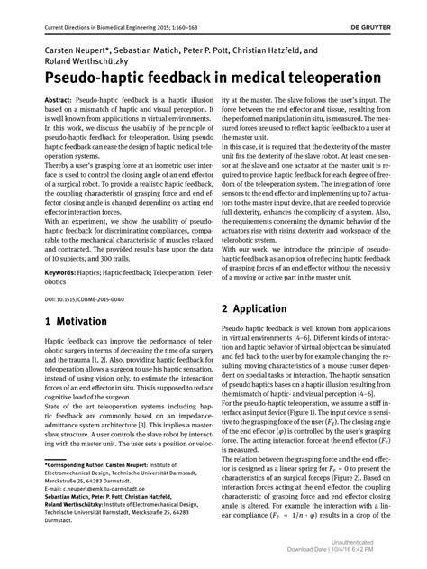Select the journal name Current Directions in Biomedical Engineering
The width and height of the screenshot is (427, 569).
pyautogui.click(x=112, y=9)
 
